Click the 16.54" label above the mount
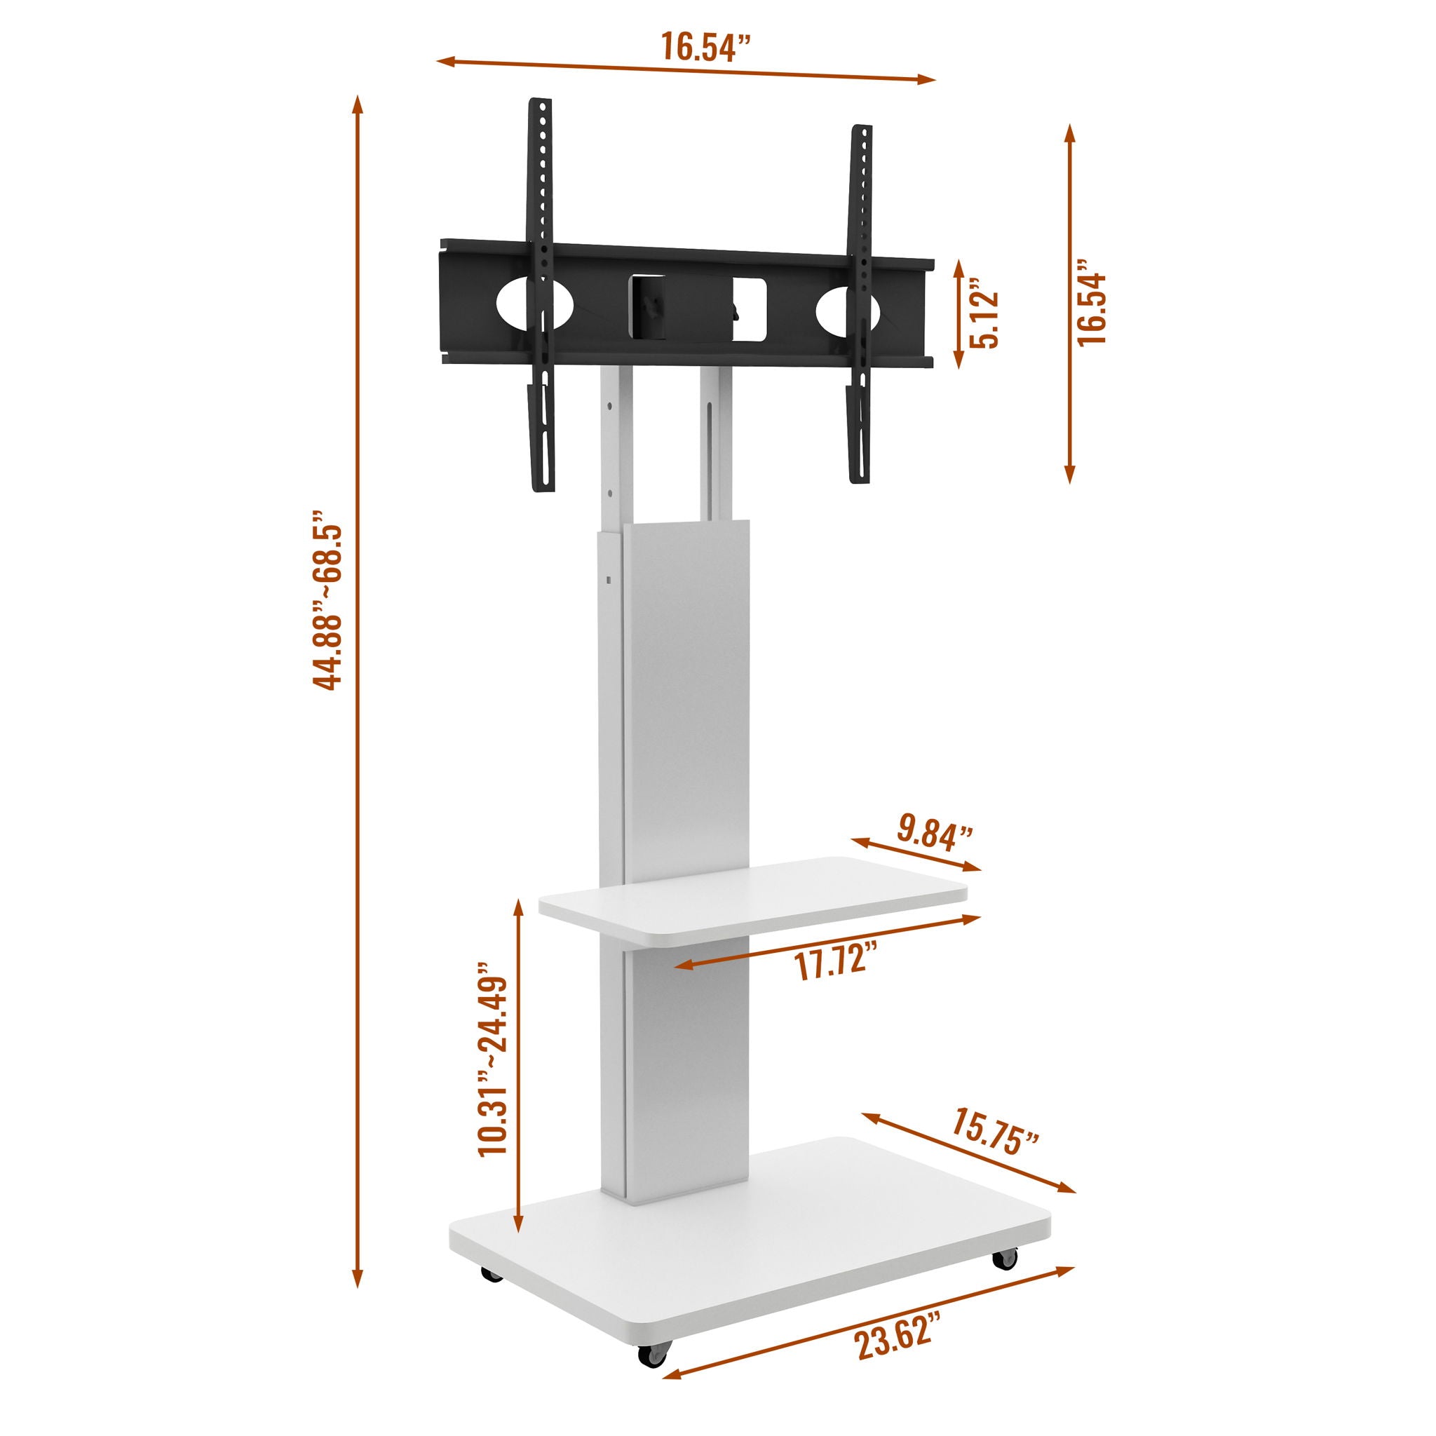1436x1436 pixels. [705, 48]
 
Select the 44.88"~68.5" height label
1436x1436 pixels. [327, 600]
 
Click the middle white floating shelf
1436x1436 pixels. [751, 901]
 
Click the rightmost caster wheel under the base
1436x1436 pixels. [1004, 1258]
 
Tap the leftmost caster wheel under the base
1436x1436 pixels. [492, 1273]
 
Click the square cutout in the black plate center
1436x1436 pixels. [748, 311]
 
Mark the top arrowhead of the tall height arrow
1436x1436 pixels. [358, 104]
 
